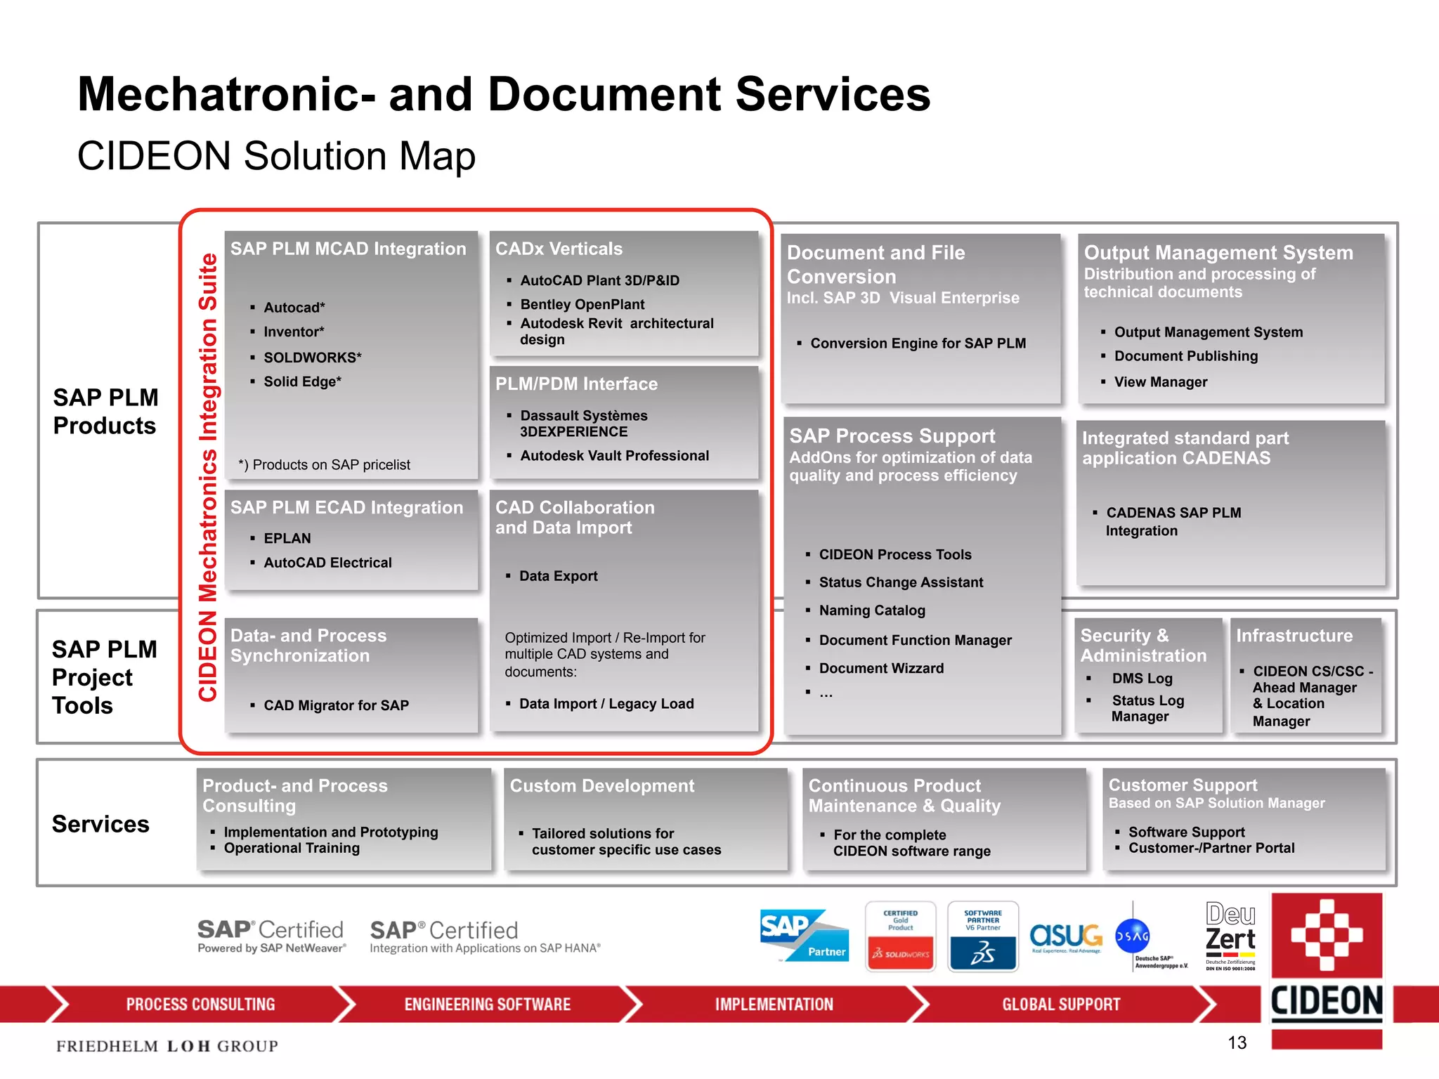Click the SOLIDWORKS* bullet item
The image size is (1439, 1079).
point(312,358)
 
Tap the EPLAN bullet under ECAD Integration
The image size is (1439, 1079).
point(287,538)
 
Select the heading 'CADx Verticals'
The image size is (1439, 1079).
point(559,249)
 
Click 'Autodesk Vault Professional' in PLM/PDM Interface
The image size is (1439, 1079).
point(614,456)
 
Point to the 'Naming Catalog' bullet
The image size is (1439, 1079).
point(871,610)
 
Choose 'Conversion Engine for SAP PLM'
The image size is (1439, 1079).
point(918,344)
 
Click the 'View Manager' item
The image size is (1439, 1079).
point(1160,382)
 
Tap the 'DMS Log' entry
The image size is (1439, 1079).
point(1142,679)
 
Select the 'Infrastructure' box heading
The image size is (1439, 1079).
point(1294,636)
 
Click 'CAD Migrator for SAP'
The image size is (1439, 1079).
point(336,705)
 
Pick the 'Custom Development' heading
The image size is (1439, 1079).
point(601,786)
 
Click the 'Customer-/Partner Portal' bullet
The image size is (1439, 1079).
point(1211,848)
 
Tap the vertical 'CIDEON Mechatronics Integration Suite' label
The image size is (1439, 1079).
point(208,478)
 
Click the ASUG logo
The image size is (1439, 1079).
point(1066,937)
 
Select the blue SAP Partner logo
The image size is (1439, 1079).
point(804,936)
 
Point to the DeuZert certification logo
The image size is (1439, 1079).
point(1230,936)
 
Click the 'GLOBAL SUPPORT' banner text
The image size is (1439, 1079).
point(1060,1005)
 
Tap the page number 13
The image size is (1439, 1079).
point(1237,1042)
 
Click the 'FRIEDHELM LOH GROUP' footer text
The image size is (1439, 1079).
point(167,1046)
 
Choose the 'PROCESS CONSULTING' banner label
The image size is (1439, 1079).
point(200,1005)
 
